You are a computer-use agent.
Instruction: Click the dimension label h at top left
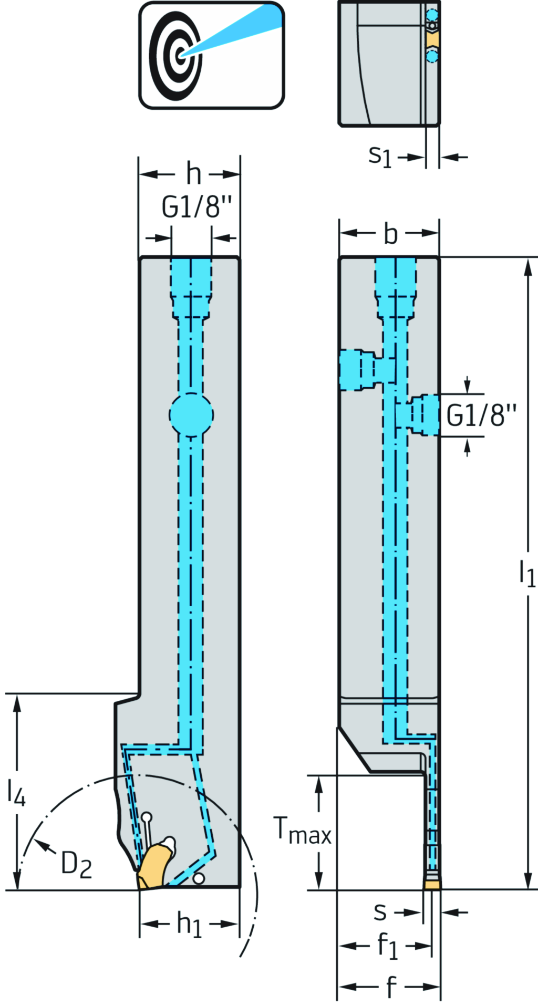193,173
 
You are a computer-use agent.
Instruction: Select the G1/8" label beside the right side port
481,416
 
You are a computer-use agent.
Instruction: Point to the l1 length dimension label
526,573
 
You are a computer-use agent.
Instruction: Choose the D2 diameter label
77,864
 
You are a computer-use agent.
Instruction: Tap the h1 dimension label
189,924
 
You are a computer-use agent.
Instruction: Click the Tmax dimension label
303,831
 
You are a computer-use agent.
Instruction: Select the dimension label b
390,234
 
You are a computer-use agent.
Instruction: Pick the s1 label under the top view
380,157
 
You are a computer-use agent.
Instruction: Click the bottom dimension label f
390,987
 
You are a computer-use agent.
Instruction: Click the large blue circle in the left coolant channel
191,415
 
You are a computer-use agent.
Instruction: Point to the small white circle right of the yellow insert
199,878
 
